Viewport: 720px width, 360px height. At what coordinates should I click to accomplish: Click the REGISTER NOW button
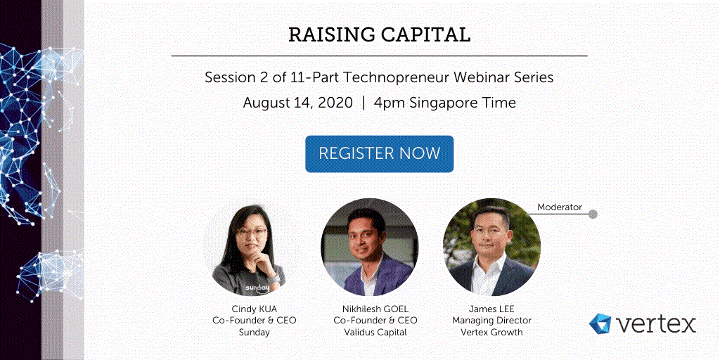pyautogui.click(x=379, y=154)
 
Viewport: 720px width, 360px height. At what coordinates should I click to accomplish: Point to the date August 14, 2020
pyautogui.click(x=297, y=103)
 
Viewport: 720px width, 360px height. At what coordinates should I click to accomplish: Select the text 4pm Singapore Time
pyautogui.click(x=444, y=103)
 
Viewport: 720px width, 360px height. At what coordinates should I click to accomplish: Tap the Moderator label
pyautogui.click(x=559, y=207)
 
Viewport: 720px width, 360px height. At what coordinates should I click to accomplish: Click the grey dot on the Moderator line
pyautogui.click(x=593, y=214)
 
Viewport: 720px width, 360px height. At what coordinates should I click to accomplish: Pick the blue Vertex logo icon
pyautogui.click(x=600, y=323)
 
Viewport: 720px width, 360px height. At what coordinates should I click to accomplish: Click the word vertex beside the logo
pyautogui.click(x=656, y=324)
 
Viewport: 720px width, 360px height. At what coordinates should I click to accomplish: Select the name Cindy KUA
pyautogui.click(x=254, y=309)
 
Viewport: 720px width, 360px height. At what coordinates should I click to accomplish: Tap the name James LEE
pyautogui.click(x=491, y=309)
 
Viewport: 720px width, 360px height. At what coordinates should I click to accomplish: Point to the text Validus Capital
pyautogui.click(x=375, y=333)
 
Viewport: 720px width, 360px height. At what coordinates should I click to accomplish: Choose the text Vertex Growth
pyautogui.click(x=491, y=333)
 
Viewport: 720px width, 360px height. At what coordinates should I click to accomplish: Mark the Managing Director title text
pyautogui.click(x=491, y=321)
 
